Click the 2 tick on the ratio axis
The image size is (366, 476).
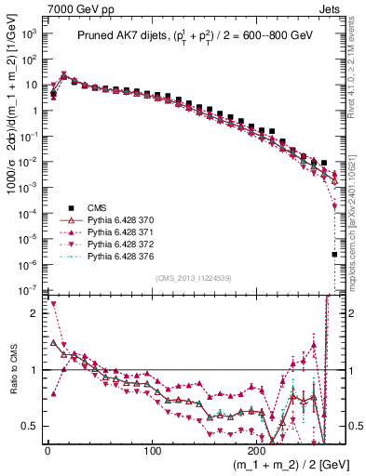click(34, 313)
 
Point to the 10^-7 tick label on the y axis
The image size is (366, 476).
click(28, 291)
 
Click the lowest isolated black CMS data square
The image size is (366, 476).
click(334, 254)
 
